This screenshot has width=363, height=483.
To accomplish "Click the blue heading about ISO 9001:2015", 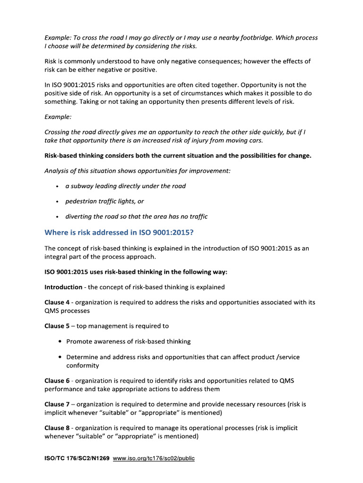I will coord(119,233).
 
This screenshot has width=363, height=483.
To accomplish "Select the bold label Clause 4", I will coord(57,302).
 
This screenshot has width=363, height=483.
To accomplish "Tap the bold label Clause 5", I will coord(57,326).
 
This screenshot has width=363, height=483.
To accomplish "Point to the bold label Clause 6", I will coord(57,381).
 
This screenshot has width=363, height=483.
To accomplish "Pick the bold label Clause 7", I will coord(57,404).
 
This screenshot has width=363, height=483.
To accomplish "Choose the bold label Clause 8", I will coord(57,428).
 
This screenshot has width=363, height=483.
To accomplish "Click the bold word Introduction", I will coord(63,287).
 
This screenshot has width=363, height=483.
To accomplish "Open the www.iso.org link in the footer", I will coord(154,458).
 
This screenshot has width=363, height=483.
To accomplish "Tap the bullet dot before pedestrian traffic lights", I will coord(57,201).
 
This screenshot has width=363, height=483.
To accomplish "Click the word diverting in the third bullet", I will coord(79,217).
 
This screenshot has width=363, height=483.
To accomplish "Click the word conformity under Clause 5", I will coord(82,365).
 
